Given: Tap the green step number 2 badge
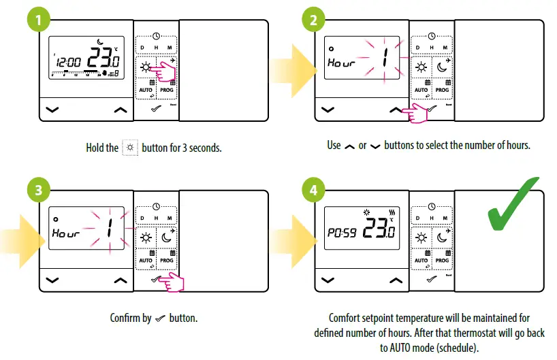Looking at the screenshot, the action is [x=313, y=20].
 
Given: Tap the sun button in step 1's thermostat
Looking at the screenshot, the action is [x=145, y=67].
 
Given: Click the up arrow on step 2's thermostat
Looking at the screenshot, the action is [x=395, y=109].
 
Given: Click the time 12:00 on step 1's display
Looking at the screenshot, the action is [x=68, y=62].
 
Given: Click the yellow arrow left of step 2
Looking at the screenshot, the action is [x=289, y=68].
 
